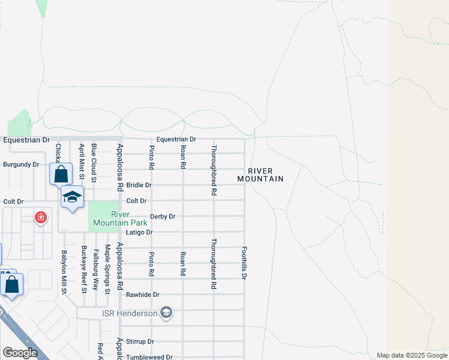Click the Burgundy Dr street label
(21, 164)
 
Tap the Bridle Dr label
(139, 185)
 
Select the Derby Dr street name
(163, 217)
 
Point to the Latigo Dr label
(139, 232)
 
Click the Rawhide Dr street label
(143, 295)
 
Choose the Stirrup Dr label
(140, 341)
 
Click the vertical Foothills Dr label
(244, 262)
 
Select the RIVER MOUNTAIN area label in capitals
(260, 175)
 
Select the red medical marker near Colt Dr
(40, 217)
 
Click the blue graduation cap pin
(72, 197)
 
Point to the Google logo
(20, 353)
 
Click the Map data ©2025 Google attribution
(412, 355)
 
